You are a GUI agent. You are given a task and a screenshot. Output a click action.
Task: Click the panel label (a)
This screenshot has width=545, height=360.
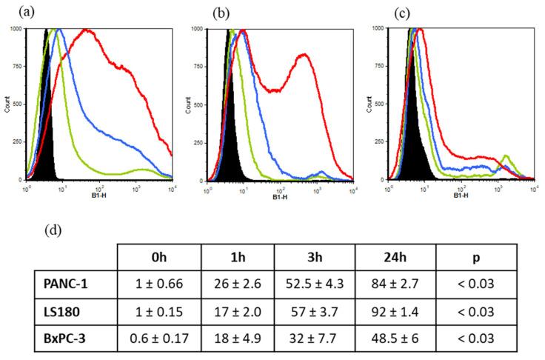tap(13, 12)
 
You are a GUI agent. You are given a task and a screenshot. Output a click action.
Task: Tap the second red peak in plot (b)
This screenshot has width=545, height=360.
tap(302, 55)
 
